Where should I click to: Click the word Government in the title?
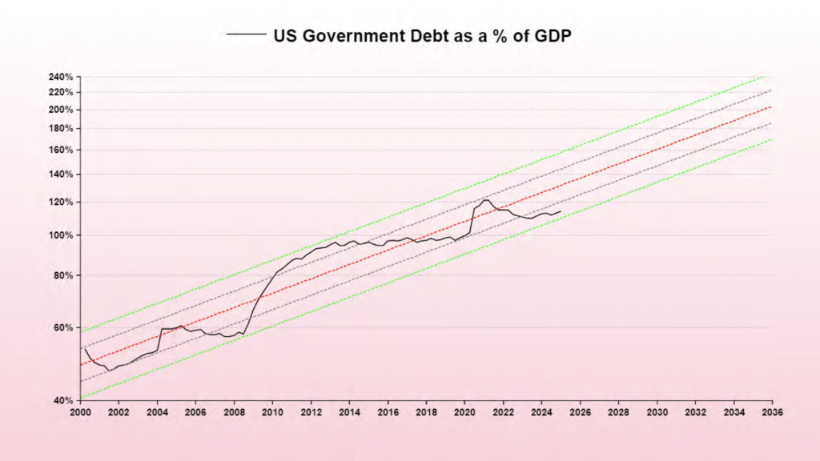tap(350, 35)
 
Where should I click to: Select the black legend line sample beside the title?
tap(247, 35)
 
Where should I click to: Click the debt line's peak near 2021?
tap(486, 199)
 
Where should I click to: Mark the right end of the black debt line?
tap(561, 211)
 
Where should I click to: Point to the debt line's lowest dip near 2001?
tap(110, 370)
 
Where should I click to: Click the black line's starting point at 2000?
tap(84, 348)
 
